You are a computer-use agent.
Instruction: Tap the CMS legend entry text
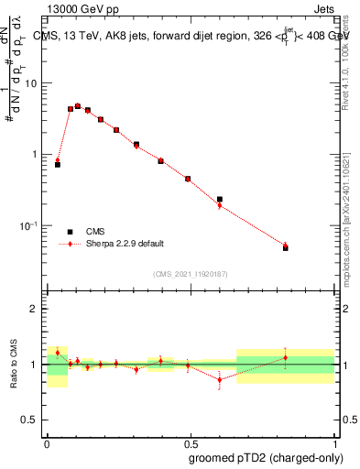(x=96, y=232)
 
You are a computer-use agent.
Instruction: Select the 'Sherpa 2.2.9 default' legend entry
(x=125, y=244)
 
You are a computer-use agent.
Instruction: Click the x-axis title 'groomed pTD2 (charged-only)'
(x=265, y=458)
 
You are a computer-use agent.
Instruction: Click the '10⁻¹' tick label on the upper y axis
(x=31, y=226)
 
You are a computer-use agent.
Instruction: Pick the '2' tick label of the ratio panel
(x=38, y=310)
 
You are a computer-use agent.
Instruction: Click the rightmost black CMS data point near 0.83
(x=285, y=247)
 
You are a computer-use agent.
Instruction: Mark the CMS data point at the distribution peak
(x=78, y=106)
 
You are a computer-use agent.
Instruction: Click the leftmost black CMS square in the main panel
(x=58, y=164)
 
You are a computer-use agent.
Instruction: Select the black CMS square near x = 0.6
(x=219, y=199)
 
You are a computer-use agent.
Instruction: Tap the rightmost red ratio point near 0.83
(x=285, y=357)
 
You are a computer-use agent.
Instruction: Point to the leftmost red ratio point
(x=58, y=352)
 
